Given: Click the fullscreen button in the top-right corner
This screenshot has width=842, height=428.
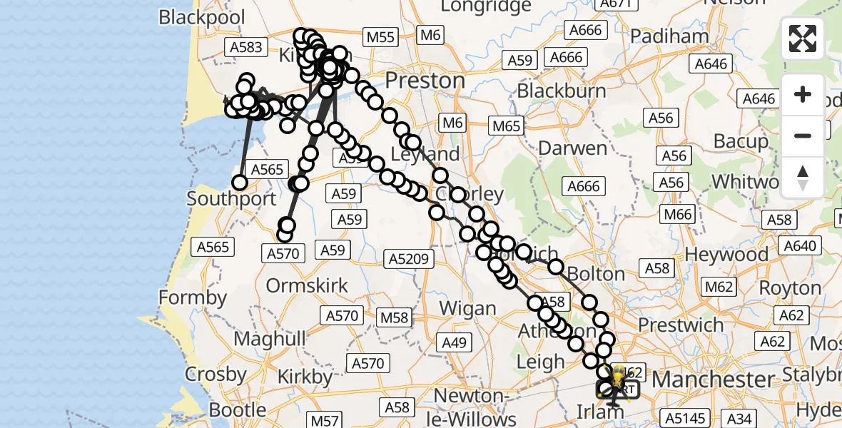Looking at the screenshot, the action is click(803, 39).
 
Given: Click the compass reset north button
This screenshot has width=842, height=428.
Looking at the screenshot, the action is click(803, 178).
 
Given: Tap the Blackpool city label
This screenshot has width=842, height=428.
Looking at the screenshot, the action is click(202, 17).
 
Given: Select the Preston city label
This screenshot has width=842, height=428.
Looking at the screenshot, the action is click(425, 79).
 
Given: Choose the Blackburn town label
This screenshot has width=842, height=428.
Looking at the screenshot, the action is click(562, 91).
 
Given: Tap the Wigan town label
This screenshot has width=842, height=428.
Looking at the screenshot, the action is click(467, 308).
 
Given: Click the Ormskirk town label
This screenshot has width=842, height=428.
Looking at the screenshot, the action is click(307, 286).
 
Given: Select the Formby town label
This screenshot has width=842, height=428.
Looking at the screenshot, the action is click(193, 297).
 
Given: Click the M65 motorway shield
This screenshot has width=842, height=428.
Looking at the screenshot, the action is click(507, 126).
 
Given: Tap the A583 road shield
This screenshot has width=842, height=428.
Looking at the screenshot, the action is click(246, 48).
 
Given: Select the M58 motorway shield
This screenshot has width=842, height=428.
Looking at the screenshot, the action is click(395, 317).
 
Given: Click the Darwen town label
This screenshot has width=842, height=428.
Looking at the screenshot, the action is click(573, 148).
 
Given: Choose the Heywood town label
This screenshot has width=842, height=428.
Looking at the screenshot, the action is click(726, 254).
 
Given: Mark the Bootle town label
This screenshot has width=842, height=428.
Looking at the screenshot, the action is click(238, 410).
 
